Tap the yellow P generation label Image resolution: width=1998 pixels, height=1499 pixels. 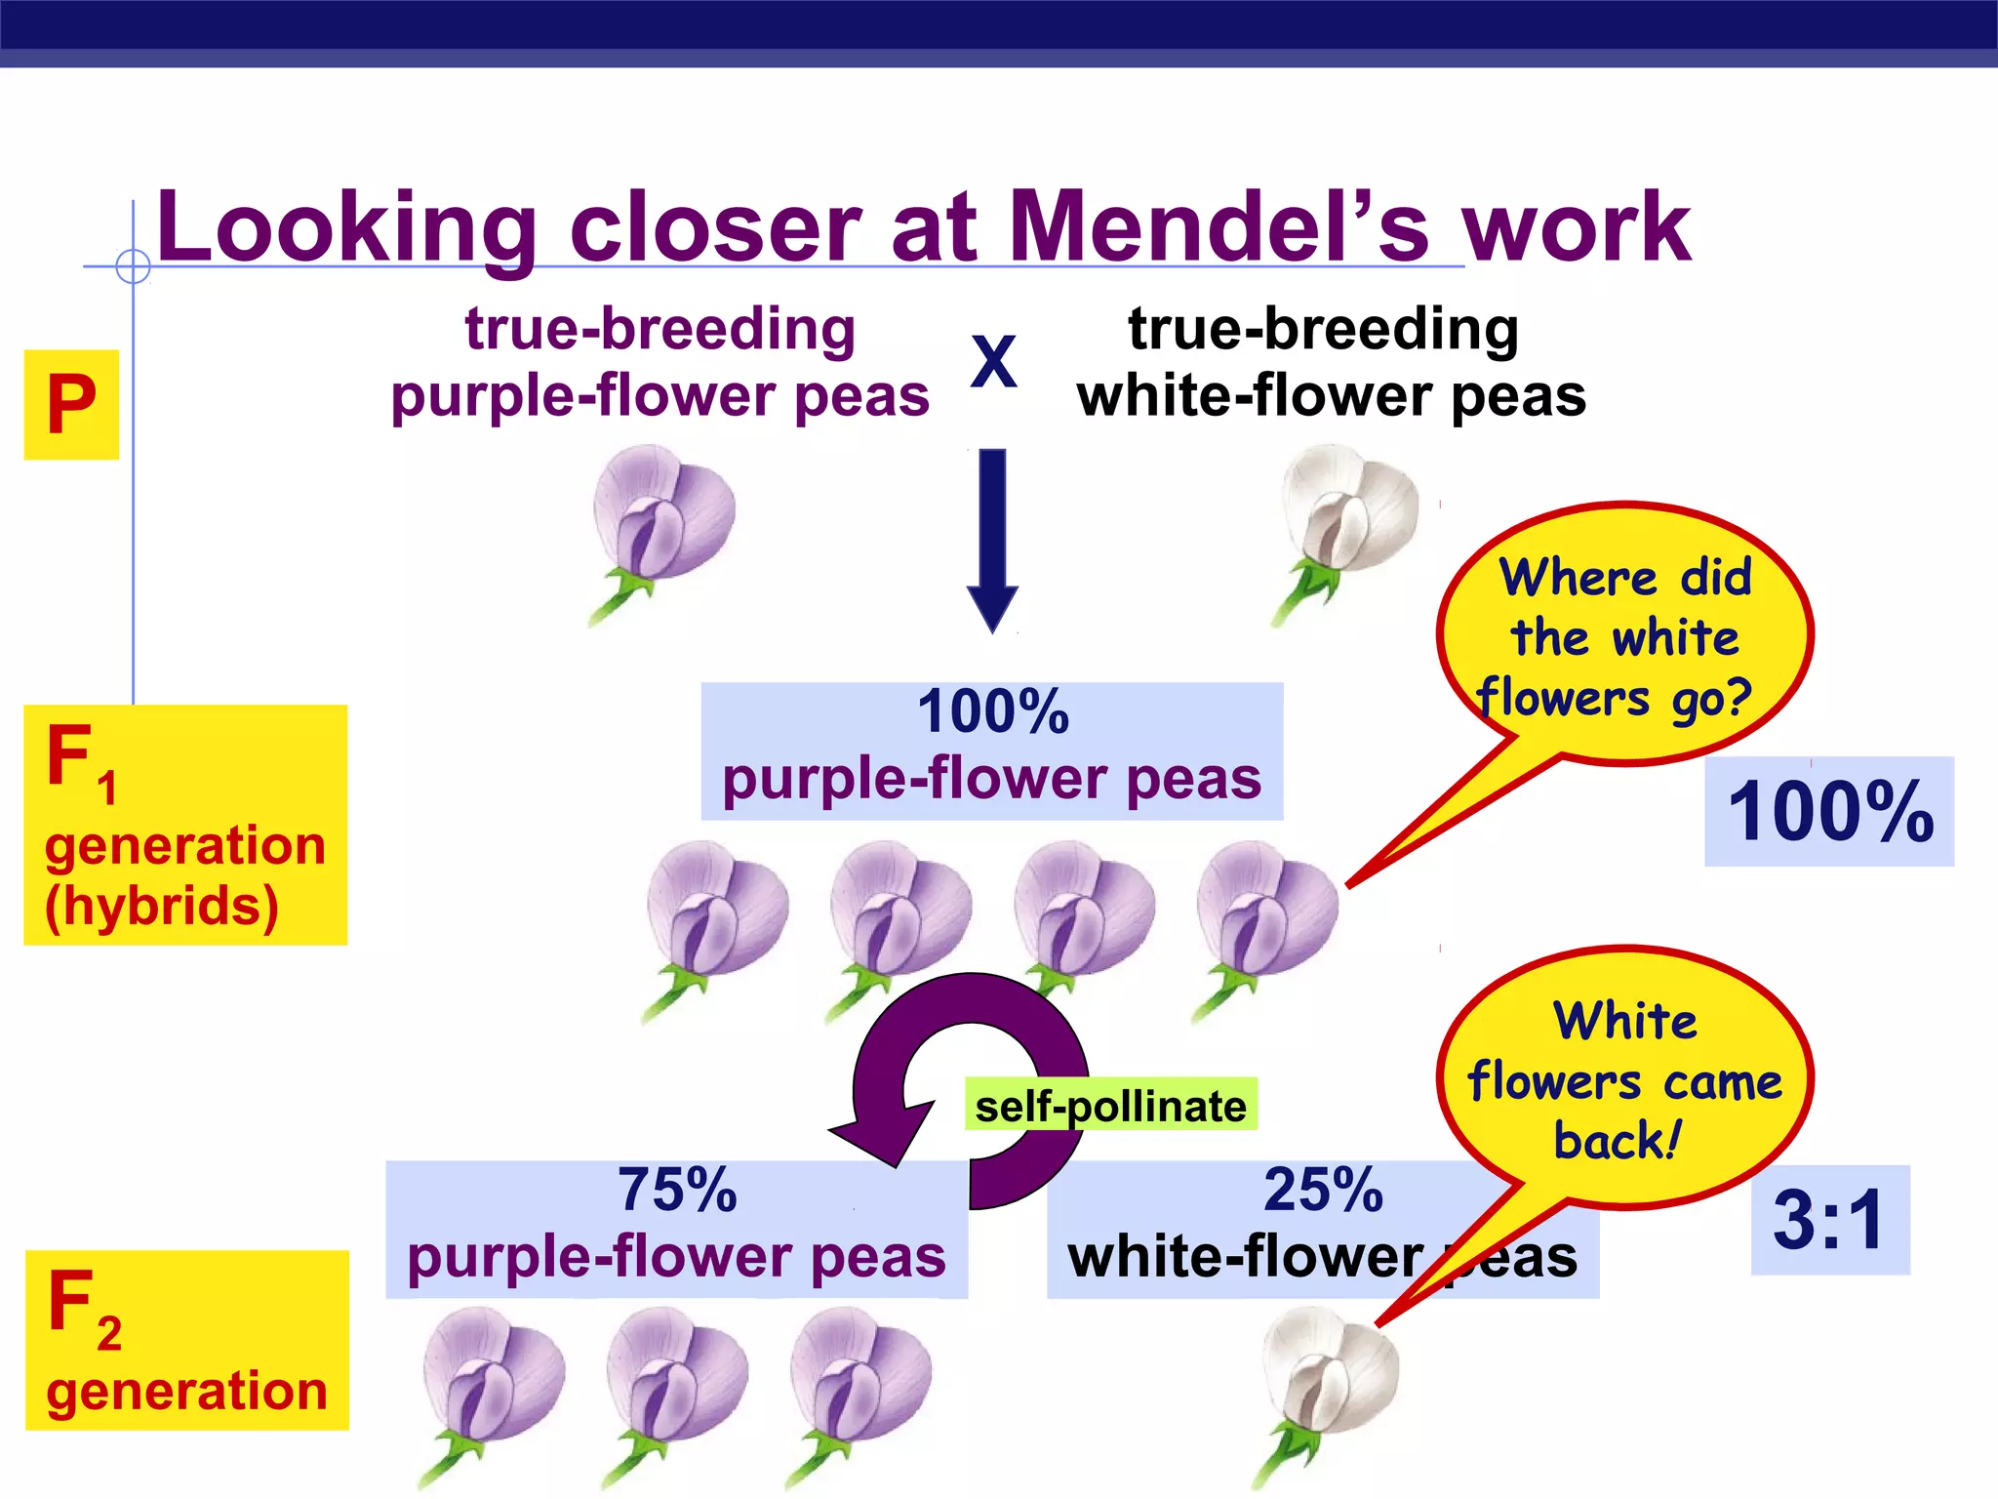coord(71,404)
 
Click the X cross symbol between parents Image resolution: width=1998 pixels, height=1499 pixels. coord(993,362)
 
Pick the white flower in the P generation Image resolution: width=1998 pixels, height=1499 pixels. coord(1346,522)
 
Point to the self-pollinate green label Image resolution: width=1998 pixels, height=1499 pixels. coord(1110,1106)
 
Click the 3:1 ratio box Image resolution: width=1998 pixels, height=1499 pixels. coord(1829,1220)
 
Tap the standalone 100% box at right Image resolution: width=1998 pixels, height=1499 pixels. coord(1829,811)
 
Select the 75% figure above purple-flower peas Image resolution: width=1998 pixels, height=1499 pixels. coord(677,1191)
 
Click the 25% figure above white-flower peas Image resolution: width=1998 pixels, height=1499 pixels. coord(1323,1191)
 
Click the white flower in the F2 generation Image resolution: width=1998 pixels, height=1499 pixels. coord(1327,1386)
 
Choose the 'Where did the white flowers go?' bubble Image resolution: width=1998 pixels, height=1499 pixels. coord(1624,634)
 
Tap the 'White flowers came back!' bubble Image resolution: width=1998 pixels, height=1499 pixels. coord(1624,1078)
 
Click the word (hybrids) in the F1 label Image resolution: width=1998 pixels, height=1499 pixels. coord(162,906)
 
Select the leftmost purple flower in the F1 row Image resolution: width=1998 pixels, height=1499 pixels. coord(716,917)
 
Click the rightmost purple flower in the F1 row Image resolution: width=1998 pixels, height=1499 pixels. coord(1266,917)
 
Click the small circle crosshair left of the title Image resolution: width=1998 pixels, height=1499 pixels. coord(133,266)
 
